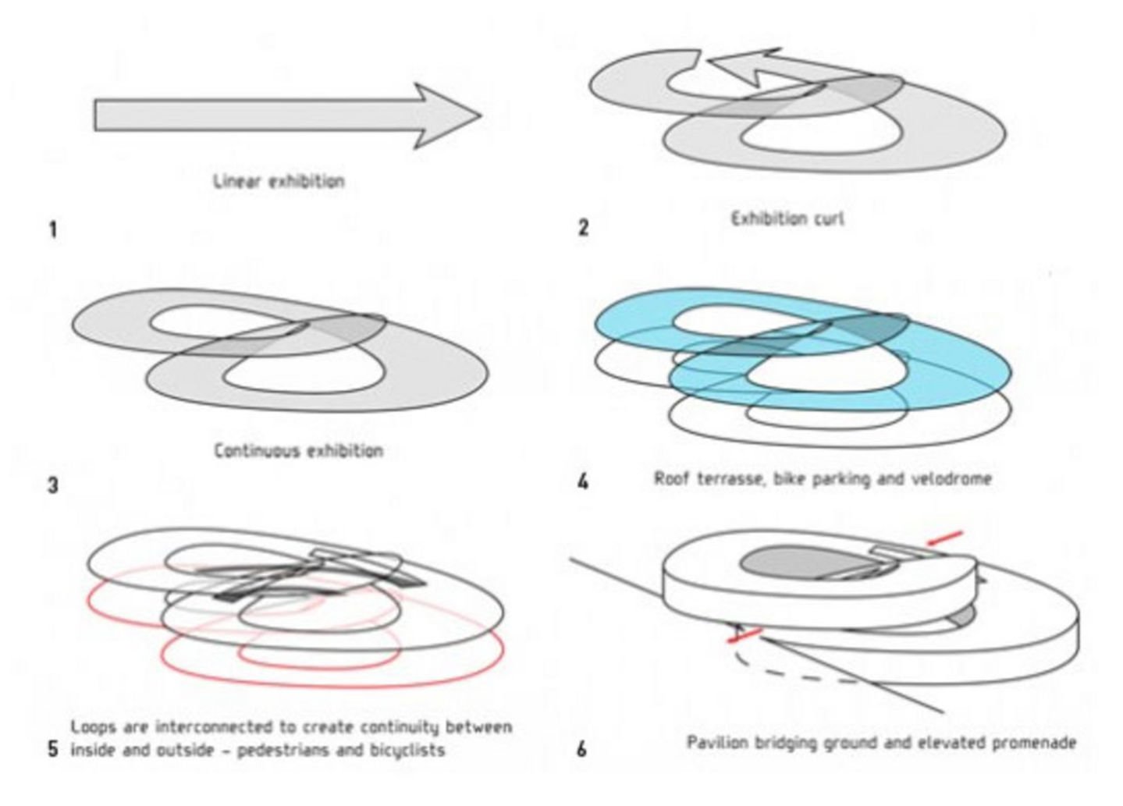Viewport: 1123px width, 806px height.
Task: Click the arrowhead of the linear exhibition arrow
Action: (449, 115)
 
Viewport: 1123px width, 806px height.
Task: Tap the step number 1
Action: (52, 230)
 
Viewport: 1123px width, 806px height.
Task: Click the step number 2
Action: (583, 229)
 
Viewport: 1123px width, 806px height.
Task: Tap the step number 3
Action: (52, 485)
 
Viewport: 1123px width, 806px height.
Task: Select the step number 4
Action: (583, 482)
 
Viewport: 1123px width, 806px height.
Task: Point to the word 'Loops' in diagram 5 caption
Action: (93, 727)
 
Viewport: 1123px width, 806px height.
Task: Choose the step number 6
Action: (581, 750)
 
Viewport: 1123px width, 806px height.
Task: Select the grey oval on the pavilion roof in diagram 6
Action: (788, 563)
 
